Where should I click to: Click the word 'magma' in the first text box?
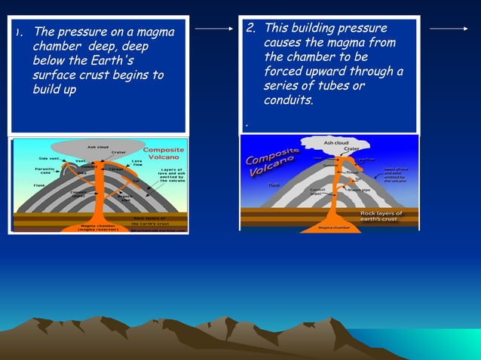pyautogui.click(x=156, y=32)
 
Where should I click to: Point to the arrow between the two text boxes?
pyautogui.click(x=214, y=29)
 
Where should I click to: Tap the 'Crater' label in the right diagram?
pyautogui.click(x=351, y=149)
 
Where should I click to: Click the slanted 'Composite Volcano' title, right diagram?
pyautogui.click(x=273, y=161)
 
